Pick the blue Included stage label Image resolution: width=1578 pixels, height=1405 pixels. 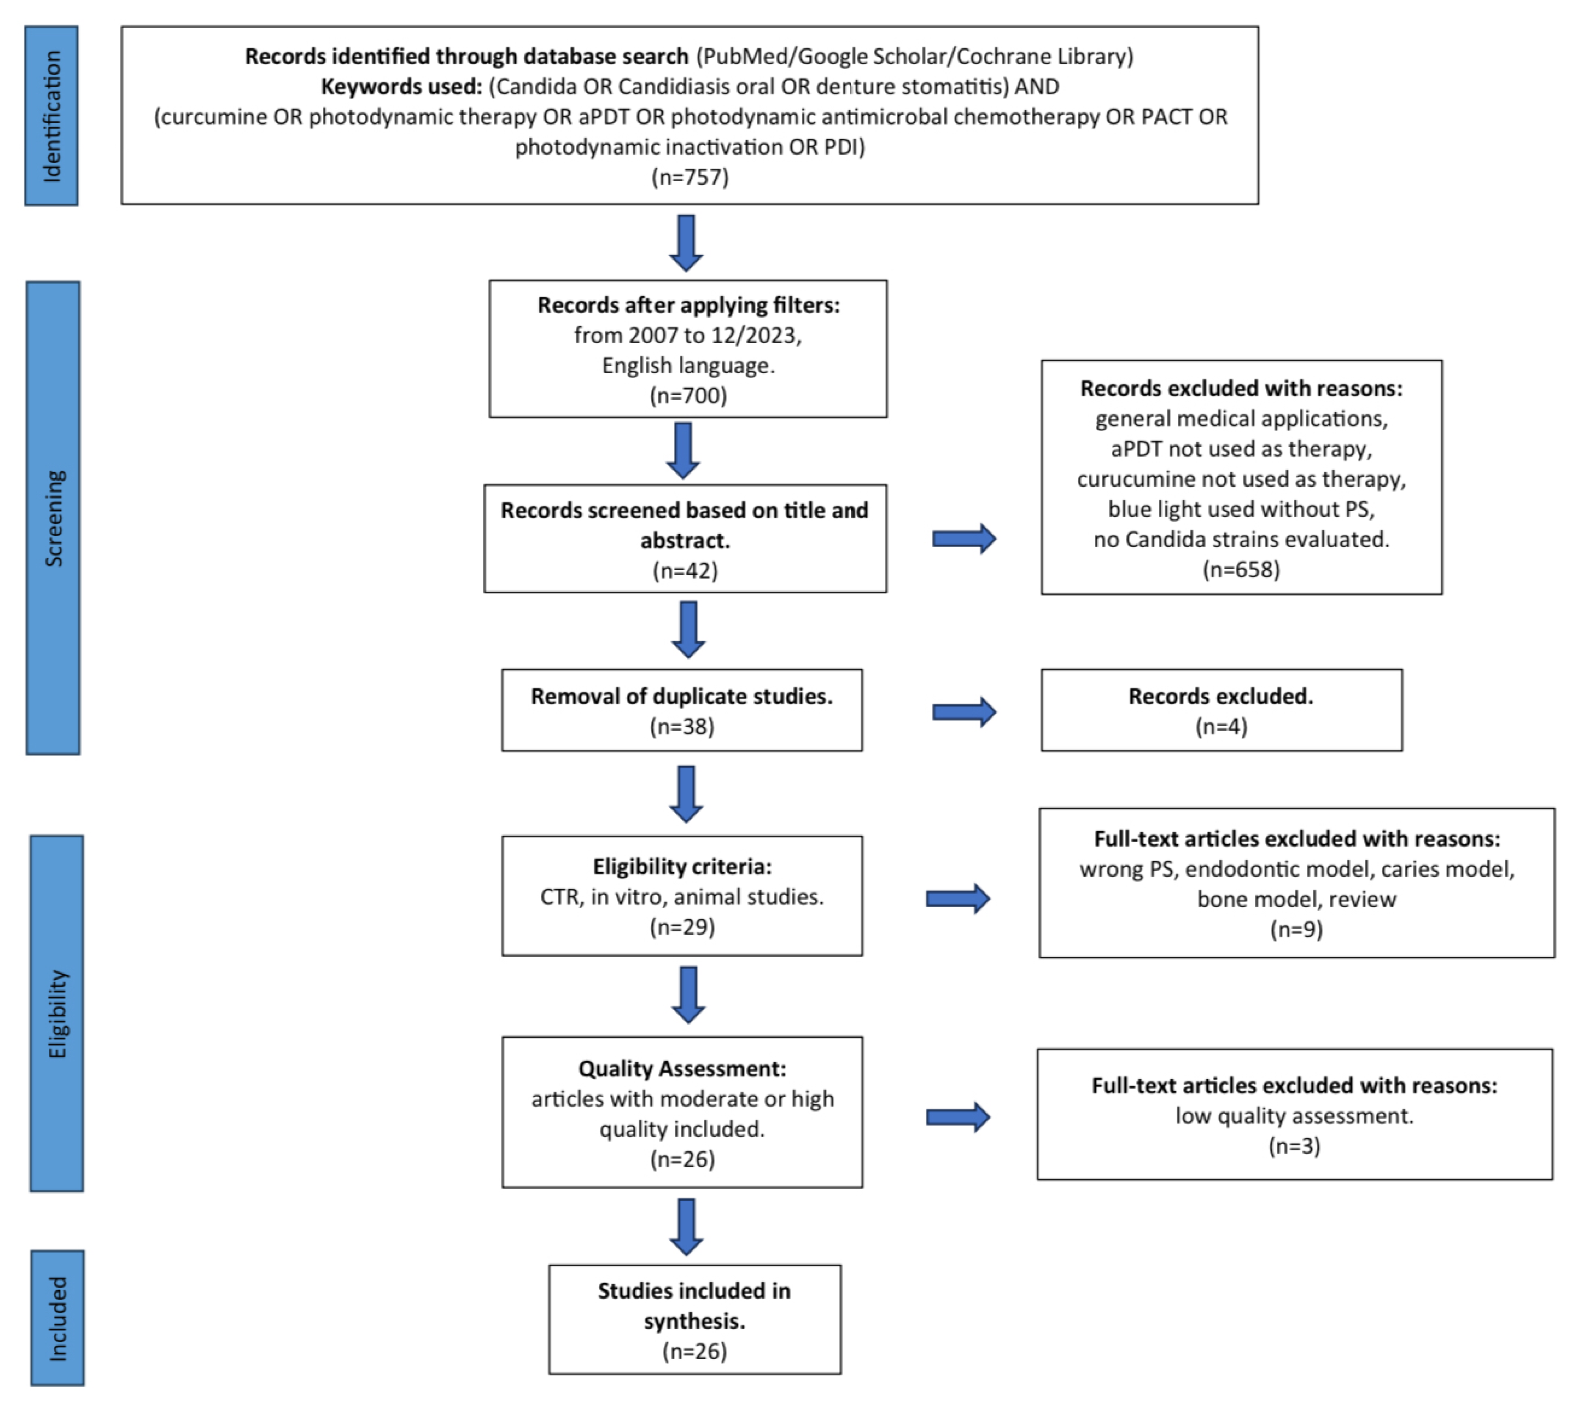point(58,1318)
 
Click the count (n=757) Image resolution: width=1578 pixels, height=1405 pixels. point(689,177)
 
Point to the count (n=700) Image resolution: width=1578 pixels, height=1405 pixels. point(688,395)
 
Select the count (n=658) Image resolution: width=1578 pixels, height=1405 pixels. point(1240,570)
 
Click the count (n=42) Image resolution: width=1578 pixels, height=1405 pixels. point(685,571)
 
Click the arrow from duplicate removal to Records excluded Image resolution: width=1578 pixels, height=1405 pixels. point(963,712)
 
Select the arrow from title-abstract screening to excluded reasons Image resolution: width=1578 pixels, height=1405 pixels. point(963,539)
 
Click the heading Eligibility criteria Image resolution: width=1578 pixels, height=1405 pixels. point(682,866)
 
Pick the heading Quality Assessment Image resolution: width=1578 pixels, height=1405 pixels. point(682,1068)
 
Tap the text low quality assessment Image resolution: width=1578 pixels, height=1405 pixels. point(1294,1116)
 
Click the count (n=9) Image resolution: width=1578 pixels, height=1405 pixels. point(1296,929)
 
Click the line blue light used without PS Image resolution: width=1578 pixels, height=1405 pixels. point(1240,509)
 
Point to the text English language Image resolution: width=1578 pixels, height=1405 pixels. point(688,365)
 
